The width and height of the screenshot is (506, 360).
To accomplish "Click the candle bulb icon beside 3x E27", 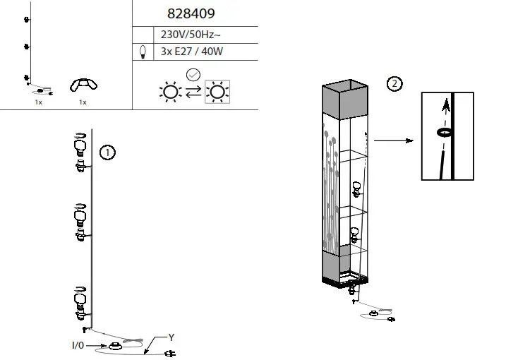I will click(144, 51).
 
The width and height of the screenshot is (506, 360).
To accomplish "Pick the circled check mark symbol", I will click(193, 75).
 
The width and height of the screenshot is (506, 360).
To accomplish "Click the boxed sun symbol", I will click(219, 92).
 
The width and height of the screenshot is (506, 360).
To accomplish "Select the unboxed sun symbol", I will click(169, 92).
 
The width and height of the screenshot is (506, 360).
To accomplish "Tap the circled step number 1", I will click(107, 152).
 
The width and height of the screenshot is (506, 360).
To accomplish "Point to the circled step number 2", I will click(395, 84).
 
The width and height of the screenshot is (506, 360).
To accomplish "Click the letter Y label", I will click(170, 337).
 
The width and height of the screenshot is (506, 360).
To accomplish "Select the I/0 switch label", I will click(78, 346).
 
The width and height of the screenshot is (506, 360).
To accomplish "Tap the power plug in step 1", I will click(168, 354).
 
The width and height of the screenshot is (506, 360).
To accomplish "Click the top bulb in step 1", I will click(80, 146).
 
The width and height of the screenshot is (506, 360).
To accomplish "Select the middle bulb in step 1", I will click(80, 215).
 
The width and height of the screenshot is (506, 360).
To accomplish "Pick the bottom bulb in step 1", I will click(80, 299).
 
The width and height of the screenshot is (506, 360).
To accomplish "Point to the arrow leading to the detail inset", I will click(393, 140).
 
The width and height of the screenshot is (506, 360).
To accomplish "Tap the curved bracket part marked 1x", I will click(83, 85).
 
